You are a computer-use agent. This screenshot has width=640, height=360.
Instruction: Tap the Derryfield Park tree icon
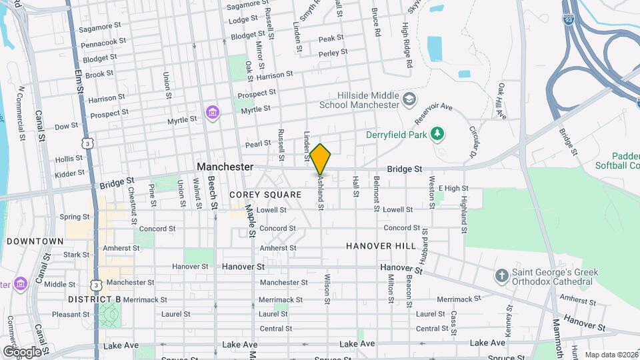(437, 135)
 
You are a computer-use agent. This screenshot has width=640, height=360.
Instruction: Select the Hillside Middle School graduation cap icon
(409, 101)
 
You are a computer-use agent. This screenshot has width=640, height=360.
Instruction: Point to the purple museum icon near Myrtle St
(213, 111)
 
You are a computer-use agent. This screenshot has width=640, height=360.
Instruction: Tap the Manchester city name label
(225, 167)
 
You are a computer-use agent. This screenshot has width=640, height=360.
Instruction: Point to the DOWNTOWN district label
(36, 241)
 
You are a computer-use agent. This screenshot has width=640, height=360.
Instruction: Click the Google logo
(21, 351)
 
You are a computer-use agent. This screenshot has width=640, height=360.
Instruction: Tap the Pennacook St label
(103, 42)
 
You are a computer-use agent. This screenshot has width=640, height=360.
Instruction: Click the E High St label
(453, 189)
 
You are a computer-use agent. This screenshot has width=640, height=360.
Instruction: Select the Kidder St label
(69, 173)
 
